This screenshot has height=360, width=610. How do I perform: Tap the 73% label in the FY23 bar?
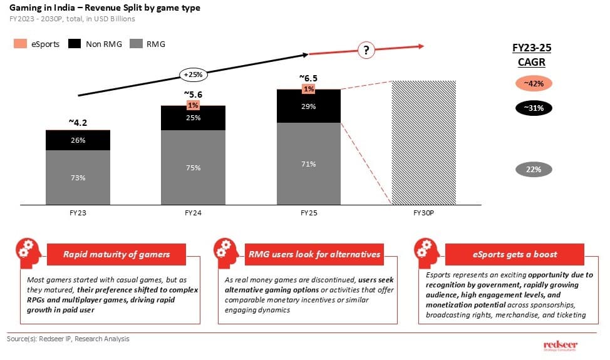click(x=78, y=178)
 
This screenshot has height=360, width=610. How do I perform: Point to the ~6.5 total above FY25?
click(x=308, y=78)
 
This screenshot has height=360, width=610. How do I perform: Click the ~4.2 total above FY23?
click(x=78, y=122)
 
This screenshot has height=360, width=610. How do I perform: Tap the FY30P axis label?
click(x=423, y=213)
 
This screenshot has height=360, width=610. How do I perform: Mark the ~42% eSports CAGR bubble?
click(x=534, y=83)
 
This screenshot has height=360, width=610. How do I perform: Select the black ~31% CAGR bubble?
click(x=534, y=108)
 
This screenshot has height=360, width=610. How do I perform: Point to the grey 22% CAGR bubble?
click(x=534, y=169)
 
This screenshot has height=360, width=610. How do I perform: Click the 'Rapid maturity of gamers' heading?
click(x=116, y=254)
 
